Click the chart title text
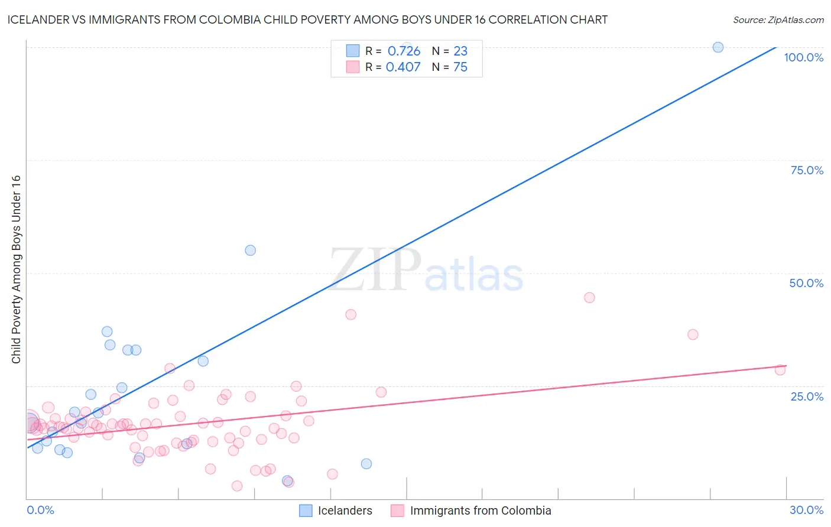[307, 19]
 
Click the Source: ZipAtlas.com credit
[778, 19]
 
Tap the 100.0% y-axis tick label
[803, 57]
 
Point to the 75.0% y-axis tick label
[807, 170]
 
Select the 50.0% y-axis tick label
[806, 283]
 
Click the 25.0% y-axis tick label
[807, 396]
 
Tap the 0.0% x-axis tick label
[40, 510]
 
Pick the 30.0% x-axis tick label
[806, 510]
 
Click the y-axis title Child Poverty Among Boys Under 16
[16, 269]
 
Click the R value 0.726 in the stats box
[404, 51]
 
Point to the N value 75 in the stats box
[460, 67]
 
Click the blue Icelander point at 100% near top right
[718, 47]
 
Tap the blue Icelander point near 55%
[251, 251]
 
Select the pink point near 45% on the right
[589, 298]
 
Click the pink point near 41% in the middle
[351, 315]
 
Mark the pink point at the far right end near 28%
[780, 370]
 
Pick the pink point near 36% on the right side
[693, 334]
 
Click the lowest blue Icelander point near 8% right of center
[366, 464]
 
